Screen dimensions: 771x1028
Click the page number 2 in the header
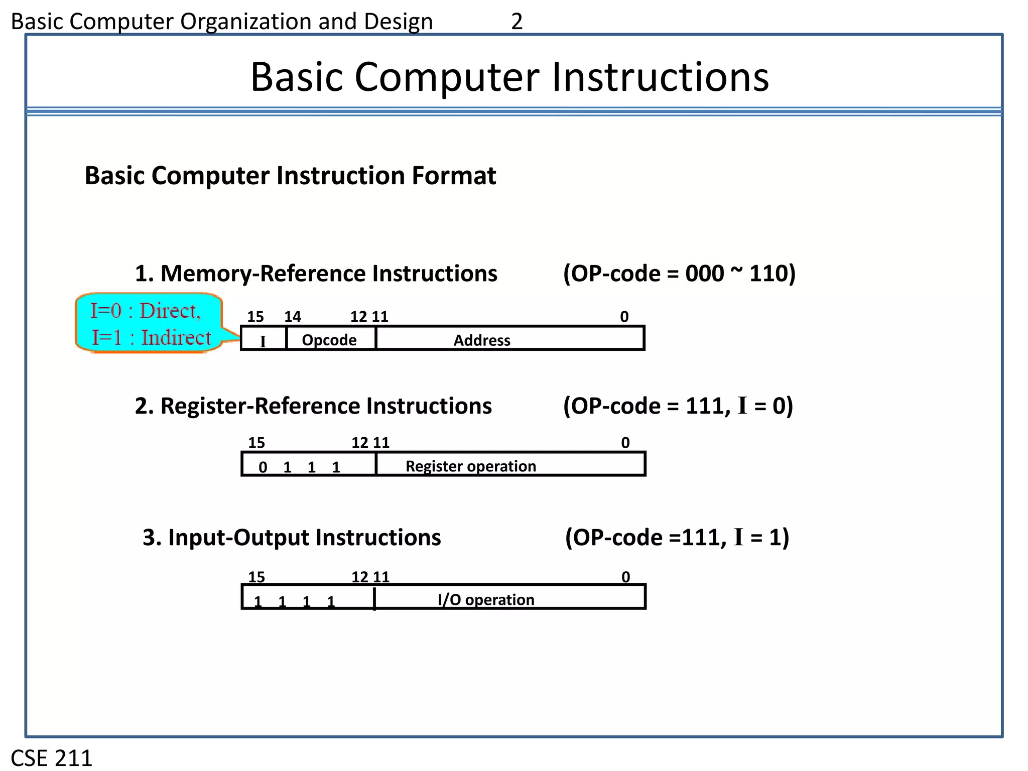point(517,22)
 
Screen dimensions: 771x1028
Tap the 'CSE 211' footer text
point(52,757)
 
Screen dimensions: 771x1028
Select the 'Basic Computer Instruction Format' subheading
point(290,176)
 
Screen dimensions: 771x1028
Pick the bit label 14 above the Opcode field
point(292,317)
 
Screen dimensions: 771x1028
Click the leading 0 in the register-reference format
point(263,467)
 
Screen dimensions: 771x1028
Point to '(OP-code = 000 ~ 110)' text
point(679,274)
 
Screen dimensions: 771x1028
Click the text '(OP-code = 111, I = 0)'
point(678,406)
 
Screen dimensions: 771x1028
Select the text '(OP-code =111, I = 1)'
point(677,537)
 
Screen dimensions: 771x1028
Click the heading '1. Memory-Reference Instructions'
point(316,274)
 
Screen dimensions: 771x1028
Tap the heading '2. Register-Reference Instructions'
point(313,406)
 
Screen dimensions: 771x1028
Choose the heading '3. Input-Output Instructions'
point(292,537)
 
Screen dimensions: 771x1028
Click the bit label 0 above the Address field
point(624,317)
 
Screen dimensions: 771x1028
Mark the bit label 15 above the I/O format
point(256,577)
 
